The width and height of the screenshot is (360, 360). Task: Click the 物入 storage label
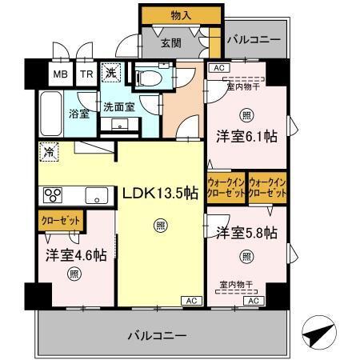coord(180,14)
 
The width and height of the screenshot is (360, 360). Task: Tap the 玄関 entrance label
coord(170,42)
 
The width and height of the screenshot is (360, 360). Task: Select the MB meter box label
coord(61,74)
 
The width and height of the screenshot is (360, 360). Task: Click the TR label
coord(86,74)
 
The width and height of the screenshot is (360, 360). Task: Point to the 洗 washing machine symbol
coord(114,72)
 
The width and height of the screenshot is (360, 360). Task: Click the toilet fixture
coord(147,78)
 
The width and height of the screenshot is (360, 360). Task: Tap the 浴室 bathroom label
coord(78,114)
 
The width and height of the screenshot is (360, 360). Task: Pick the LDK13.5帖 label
coord(159,192)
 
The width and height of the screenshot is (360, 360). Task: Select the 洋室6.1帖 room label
coord(246,137)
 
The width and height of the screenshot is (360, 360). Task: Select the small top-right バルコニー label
coord(253,38)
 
